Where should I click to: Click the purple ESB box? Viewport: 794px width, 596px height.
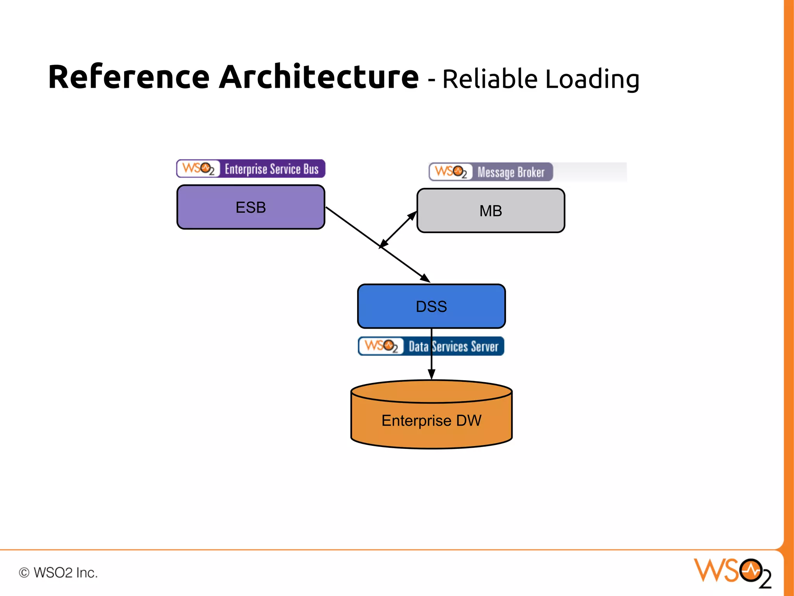click(x=250, y=207)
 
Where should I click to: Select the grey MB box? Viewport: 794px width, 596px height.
click(x=490, y=211)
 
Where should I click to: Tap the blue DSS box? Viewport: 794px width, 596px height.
click(x=431, y=306)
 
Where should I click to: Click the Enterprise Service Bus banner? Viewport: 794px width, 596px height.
click(x=250, y=169)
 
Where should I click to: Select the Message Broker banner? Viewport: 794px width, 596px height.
click(x=491, y=172)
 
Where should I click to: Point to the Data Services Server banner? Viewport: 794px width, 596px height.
click(x=431, y=346)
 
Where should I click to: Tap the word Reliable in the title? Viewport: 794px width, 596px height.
click(x=490, y=79)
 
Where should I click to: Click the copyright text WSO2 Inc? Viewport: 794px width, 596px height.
click(x=58, y=573)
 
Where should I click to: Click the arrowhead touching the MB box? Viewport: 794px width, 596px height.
click(x=413, y=215)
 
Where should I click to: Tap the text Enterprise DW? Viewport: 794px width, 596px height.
click(x=431, y=420)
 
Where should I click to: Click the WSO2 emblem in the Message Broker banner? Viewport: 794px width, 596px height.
click(x=451, y=172)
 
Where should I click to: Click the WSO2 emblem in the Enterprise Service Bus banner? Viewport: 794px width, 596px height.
click(x=198, y=169)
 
